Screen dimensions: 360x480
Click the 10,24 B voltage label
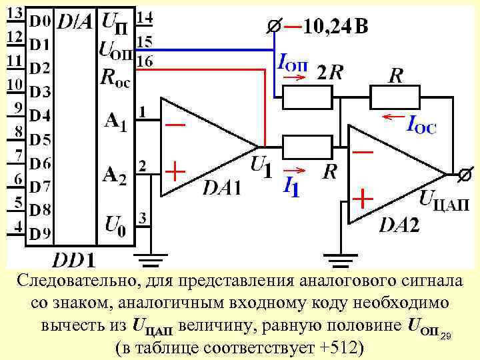pyautogui.click(x=335, y=27)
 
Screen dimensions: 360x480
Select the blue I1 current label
pyautogui.click(x=291, y=185)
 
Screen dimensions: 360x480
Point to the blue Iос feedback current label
pyautogui.click(x=421, y=124)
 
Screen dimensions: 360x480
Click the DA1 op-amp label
pyautogui.click(x=222, y=189)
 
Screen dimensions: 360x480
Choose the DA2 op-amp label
pyautogui.click(x=399, y=225)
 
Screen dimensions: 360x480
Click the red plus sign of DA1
pyautogui.click(x=175, y=173)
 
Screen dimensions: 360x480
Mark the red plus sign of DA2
pyautogui.click(x=362, y=199)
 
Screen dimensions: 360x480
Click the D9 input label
pyautogui.click(x=39, y=235)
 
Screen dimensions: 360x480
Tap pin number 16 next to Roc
pyautogui.click(x=144, y=61)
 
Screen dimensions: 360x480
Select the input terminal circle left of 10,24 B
pyautogui.click(x=273, y=28)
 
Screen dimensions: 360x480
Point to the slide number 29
pyautogui.click(x=446, y=334)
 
